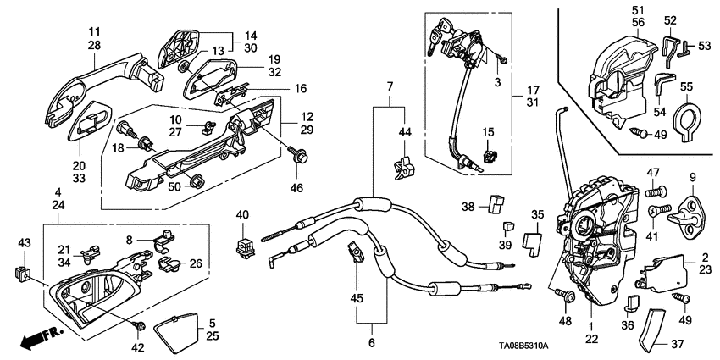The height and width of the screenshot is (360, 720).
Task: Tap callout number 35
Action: click(538, 214)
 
